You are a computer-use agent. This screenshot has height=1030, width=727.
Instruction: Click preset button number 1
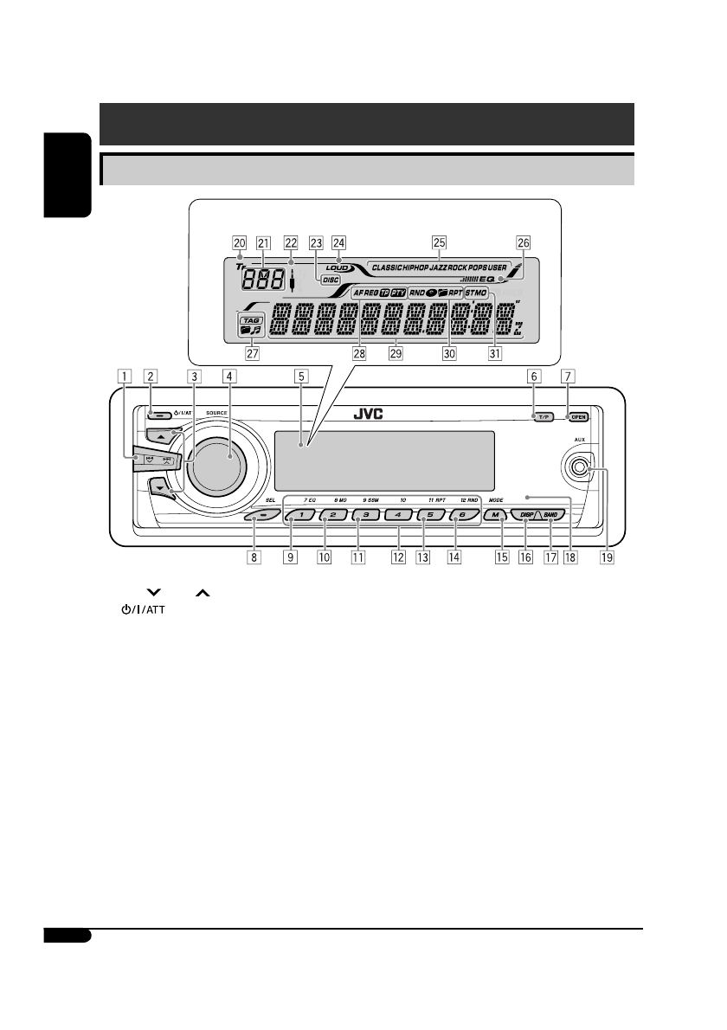point(291,515)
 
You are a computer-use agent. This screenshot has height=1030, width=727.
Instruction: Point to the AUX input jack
point(576,468)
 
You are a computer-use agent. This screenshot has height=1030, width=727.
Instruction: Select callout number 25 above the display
point(439,243)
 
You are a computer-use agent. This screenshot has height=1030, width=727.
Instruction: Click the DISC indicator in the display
point(331,280)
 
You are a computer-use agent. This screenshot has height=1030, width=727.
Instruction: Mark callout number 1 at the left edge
point(127,376)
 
